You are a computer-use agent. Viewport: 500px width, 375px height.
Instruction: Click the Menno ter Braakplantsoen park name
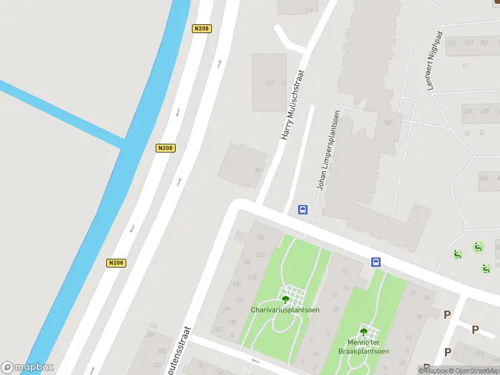[363, 347]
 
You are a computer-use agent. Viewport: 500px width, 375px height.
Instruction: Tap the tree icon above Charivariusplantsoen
[286, 299]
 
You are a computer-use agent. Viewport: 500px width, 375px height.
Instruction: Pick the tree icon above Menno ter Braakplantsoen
[364, 332]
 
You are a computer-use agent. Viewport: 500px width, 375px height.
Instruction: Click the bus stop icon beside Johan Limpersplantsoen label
[302, 210]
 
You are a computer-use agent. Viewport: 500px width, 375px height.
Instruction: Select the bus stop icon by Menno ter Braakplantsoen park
[376, 262]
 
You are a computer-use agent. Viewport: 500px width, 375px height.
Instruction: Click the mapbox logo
[27, 367]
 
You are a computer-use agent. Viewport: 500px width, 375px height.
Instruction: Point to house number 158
[260, 238]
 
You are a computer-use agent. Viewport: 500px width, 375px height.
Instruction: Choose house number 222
[260, 254]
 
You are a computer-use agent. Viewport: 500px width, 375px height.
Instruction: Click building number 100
[386, 122]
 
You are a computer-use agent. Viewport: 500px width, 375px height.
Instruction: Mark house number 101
[269, 83]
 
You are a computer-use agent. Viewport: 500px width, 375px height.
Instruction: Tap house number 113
[308, 11]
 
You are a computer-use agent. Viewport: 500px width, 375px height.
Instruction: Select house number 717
[452, 43]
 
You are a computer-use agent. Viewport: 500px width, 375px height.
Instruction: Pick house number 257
[151, 335]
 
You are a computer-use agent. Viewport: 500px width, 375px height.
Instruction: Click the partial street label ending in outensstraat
[184, 351]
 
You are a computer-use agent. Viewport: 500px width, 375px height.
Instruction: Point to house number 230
[232, 322]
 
